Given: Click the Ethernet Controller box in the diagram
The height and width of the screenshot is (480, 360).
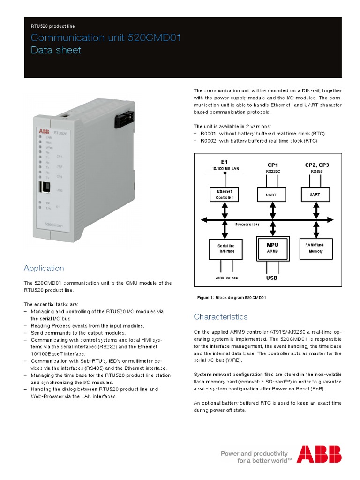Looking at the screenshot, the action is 224,194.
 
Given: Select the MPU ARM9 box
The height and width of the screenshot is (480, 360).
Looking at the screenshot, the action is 272,247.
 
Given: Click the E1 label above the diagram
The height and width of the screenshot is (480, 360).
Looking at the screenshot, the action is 224,162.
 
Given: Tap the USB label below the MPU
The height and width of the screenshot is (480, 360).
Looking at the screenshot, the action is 272,278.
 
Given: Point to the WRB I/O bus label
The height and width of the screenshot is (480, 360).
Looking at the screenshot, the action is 226,278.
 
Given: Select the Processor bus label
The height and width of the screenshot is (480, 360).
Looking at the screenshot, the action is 247,225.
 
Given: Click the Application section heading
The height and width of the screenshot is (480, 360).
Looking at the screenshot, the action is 44,268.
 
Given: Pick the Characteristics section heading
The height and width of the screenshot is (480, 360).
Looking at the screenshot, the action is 221,317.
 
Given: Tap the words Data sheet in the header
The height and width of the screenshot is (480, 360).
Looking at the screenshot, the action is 56,50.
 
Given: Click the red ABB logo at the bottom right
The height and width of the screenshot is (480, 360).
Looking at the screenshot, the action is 319,454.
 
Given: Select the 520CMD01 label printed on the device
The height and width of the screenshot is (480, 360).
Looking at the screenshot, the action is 55,225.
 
